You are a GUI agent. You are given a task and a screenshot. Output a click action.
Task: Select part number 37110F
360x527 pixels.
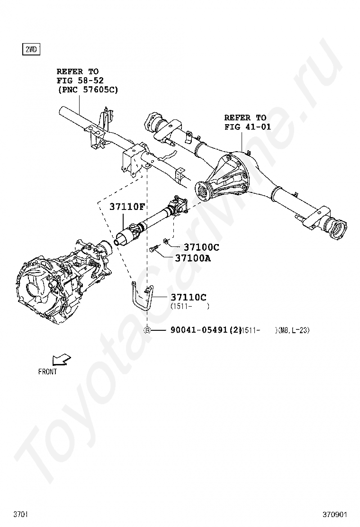tap(127, 207)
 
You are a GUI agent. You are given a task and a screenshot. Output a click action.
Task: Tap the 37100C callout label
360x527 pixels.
tap(201, 247)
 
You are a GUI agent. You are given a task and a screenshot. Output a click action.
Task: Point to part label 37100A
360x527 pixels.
tap(193, 258)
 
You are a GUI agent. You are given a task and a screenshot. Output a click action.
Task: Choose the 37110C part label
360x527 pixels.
tap(189, 297)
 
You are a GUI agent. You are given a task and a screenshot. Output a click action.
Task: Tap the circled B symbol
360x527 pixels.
tap(147, 330)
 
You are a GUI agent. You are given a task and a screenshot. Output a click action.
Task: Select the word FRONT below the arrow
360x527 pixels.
tap(47, 372)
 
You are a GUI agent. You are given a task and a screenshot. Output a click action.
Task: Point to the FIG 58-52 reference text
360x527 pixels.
tap(80, 81)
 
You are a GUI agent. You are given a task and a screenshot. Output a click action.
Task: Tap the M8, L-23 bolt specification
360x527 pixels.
tap(294, 330)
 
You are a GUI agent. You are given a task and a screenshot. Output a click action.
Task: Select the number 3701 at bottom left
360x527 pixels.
tap(20, 514)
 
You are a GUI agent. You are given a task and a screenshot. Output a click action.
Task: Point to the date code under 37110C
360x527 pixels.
tap(189, 307)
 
